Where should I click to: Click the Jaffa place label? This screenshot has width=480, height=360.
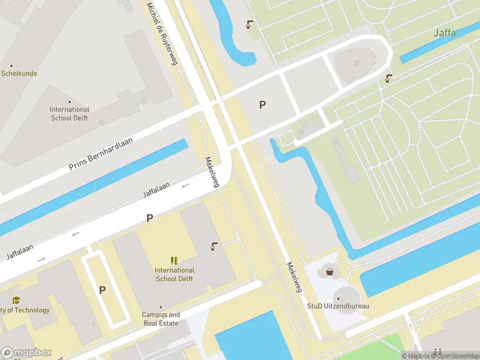(x=444, y=32)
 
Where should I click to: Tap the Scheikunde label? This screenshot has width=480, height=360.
(x=19, y=73)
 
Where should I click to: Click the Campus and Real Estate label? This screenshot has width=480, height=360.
(x=160, y=319)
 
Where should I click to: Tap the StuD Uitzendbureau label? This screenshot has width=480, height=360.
(x=338, y=306)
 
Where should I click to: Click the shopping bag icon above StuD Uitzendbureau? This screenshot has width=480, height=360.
(x=329, y=272)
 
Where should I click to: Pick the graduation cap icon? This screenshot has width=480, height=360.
(x=16, y=300)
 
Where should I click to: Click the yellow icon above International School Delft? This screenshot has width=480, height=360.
(x=173, y=260)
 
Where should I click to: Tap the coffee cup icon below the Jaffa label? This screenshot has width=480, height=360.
(x=389, y=78)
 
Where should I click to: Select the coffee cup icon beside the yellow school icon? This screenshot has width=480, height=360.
(x=214, y=246)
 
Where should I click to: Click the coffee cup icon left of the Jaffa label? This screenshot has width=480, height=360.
(x=249, y=25)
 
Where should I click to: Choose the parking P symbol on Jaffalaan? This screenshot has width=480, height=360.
(x=149, y=218)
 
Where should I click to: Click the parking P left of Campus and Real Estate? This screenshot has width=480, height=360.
(x=102, y=290)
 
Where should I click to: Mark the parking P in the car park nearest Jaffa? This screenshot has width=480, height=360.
(x=262, y=105)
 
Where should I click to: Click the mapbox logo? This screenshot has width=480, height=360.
(x=26, y=352)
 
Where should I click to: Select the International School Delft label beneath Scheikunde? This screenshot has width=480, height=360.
(x=69, y=113)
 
